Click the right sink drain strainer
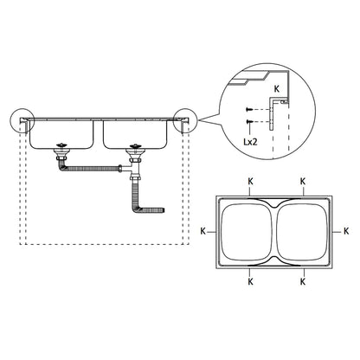coord(134,148)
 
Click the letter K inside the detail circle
coord(275,87)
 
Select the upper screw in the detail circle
coord(250,109)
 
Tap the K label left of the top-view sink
coord(202,231)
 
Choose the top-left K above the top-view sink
coord(250,182)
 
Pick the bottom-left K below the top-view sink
coord(250,281)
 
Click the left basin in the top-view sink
coord(247,232)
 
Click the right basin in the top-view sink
coord(305,232)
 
